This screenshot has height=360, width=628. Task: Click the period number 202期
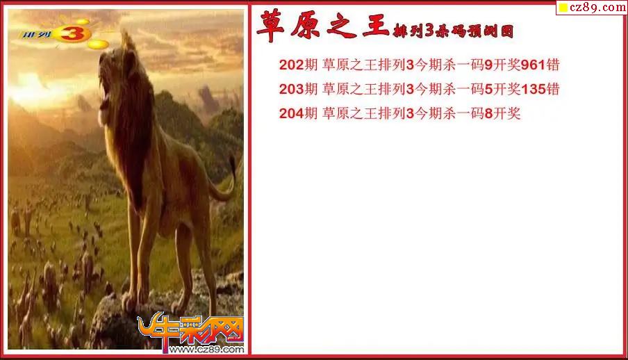click(x=298, y=65)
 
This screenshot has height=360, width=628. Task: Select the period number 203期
click(x=298, y=89)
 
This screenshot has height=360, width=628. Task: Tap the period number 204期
click(x=298, y=113)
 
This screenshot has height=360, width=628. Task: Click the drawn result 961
click(x=533, y=65)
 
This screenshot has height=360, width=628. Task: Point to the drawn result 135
click(x=533, y=89)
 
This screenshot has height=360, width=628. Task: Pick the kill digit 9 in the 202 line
click(x=488, y=65)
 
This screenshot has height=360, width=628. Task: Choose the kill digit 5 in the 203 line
click(x=488, y=89)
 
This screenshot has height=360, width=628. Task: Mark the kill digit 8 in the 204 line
click(x=488, y=113)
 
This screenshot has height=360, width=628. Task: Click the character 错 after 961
click(x=553, y=65)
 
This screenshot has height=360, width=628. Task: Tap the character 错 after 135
click(x=553, y=89)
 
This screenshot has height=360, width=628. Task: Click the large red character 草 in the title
click(x=271, y=26)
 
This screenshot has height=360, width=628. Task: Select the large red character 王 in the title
click(x=376, y=26)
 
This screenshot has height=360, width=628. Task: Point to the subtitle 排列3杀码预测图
click(x=453, y=31)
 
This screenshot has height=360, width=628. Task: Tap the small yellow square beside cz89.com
click(x=563, y=8)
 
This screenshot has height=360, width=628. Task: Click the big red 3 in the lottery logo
click(x=72, y=33)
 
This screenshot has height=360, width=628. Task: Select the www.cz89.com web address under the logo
click(x=206, y=349)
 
